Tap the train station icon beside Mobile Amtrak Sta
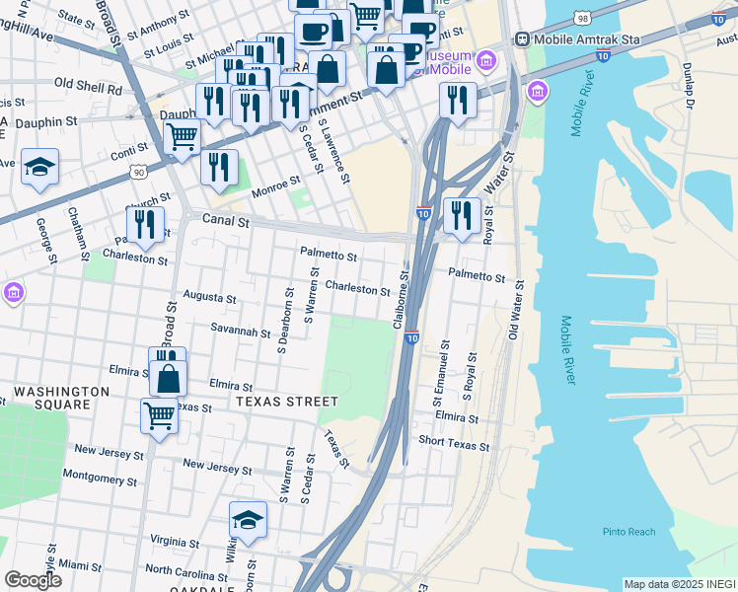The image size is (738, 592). click(x=520, y=40)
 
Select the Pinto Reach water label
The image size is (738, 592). click(x=628, y=532)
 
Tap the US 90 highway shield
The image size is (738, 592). click(x=137, y=172)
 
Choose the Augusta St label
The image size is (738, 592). click(x=210, y=297)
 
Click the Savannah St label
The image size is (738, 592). click(x=241, y=330)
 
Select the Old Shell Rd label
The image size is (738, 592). click(x=88, y=88)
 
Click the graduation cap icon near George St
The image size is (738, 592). click(x=39, y=166)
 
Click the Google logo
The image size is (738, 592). click(x=34, y=579)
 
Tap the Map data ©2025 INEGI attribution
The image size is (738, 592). click(x=680, y=584)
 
